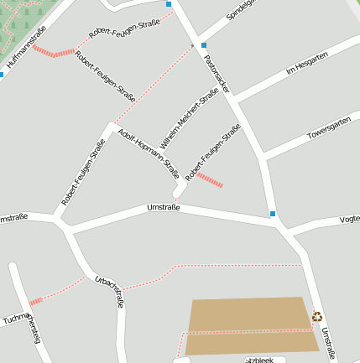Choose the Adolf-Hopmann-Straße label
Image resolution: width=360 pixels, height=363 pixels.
pos(149,153)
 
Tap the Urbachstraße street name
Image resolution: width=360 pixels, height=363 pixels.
pos(110,291)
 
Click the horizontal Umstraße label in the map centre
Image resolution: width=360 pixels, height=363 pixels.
pos(164,207)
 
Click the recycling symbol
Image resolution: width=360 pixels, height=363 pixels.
pos(317,317)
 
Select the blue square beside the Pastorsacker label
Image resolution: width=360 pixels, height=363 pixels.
pos(203,45)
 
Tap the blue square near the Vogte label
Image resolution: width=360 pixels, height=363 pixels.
pos(273,214)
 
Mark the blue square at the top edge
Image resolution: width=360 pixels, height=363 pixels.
pos(169,4)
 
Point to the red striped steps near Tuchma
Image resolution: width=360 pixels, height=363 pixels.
pos(35,301)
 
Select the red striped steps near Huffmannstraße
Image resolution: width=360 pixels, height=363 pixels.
pos(54,52)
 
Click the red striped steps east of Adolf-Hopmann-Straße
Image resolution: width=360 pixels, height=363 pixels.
pos(209,179)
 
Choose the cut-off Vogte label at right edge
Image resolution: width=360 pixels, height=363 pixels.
pos(349,219)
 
